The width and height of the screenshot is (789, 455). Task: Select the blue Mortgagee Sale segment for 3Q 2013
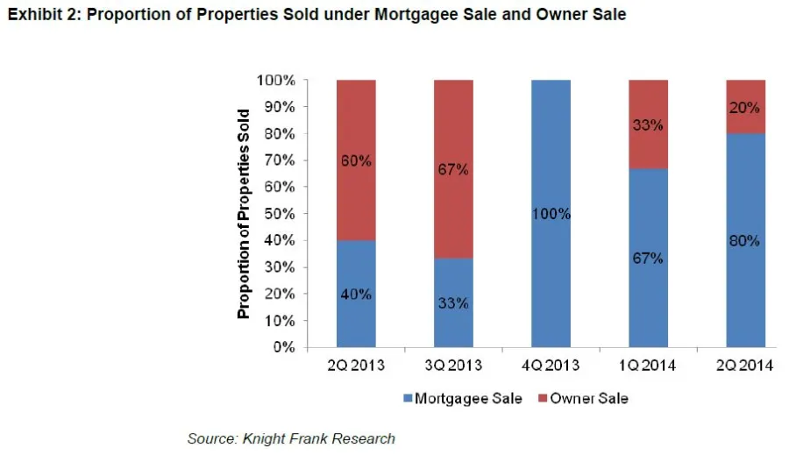coord(453,324)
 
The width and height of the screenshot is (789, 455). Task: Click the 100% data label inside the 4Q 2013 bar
coord(551,214)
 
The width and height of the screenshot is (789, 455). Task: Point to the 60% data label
coord(356,160)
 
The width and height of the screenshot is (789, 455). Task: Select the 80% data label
coord(744,240)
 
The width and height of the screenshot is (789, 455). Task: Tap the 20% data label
coord(744,107)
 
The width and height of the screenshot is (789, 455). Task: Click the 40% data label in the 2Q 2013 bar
coord(356,294)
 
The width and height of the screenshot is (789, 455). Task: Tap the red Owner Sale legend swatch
coord(543,399)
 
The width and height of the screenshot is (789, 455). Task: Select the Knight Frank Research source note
coord(291,438)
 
